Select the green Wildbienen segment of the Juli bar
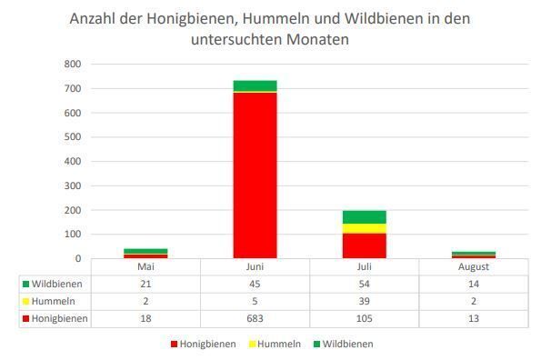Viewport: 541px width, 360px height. pos(364,216)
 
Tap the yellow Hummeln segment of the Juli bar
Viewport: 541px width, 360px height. pos(364,228)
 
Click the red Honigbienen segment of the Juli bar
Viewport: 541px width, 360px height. pos(364,245)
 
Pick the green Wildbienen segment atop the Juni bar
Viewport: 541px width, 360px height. pos(255,85)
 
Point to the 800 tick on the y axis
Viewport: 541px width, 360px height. pos(73,65)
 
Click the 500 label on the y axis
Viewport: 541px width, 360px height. pos(73,137)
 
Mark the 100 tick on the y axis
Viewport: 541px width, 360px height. pos(73,235)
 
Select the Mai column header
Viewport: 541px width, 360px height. pos(145,267)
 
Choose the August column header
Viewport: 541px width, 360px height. pos(473,267)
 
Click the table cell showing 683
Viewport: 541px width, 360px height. pos(255,319)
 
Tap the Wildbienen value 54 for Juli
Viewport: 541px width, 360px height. pos(364,285)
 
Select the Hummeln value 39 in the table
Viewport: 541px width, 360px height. pos(364,302)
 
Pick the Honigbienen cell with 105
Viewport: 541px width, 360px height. pos(364,319)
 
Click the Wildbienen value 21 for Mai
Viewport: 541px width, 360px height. pos(145,285)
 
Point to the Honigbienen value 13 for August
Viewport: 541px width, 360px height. pos(473,319)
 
